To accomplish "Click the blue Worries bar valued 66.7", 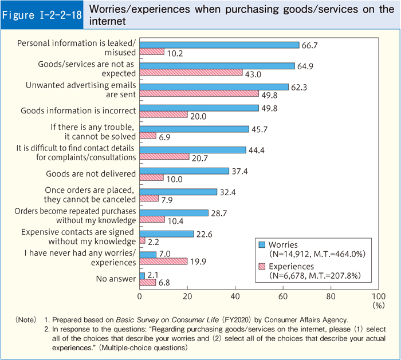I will tap(219, 45).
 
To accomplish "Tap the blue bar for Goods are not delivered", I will tap(184, 171).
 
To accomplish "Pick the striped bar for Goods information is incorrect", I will tap(163, 114).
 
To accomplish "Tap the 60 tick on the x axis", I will tap(283, 296).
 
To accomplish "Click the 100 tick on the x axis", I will tap(378, 296).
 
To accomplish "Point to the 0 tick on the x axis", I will tap(140, 296).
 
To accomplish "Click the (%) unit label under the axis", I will tap(378, 306).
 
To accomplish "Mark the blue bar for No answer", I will tap(142, 275).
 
